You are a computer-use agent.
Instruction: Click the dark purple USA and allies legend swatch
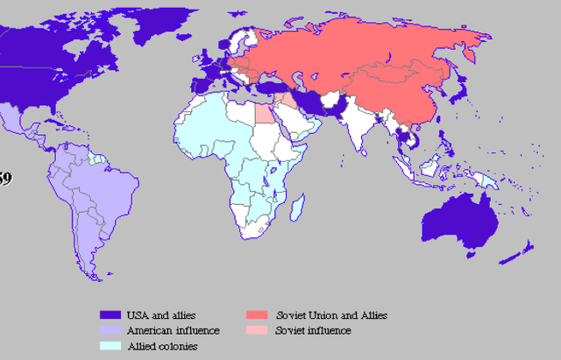(109, 314)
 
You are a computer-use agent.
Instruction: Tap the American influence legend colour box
(109, 330)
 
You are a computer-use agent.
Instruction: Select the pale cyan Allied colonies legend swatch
(109, 346)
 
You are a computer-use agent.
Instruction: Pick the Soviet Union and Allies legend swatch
(257, 314)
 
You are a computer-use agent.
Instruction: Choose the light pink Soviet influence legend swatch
(257, 330)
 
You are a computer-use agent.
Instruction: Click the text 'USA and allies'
(161, 314)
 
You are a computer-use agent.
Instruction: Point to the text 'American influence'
(173, 330)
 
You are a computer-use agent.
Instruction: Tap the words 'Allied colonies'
(162, 346)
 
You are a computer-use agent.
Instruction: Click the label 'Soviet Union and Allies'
(331, 314)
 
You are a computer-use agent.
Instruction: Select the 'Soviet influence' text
(313, 330)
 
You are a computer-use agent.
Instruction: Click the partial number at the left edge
(5, 179)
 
